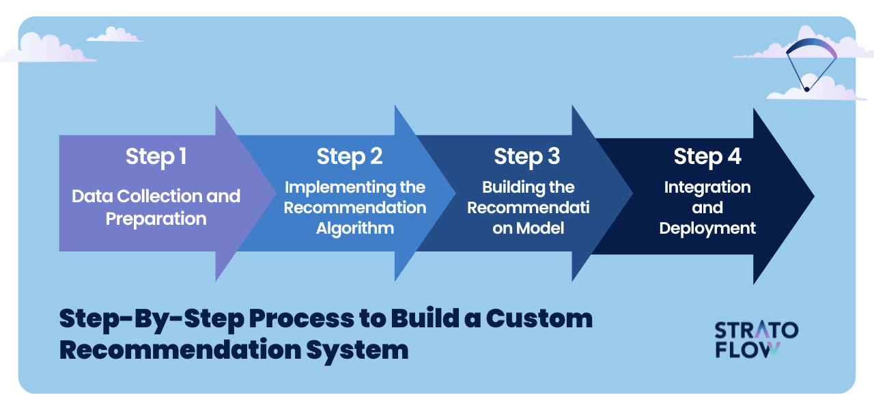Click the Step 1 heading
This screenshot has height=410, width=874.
tap(156, 156)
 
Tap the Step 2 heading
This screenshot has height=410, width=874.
tap(349, 156)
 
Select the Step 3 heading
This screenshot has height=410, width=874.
tap(526, 156)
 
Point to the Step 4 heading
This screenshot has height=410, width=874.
tap(707, 156)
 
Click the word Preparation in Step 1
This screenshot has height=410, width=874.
tap(156, 219)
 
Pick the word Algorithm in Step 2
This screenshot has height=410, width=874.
tap(354, 228)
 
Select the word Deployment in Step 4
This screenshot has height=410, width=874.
tap(707, 228)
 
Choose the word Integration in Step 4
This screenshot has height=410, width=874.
tap(707, 187)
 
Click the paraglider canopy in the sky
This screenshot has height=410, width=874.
tap(811, 47)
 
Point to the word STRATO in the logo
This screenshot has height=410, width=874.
tap(756, 331)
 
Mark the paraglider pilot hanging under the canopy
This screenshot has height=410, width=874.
tap(806, 89)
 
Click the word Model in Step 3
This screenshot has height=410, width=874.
tap(539, 228)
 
